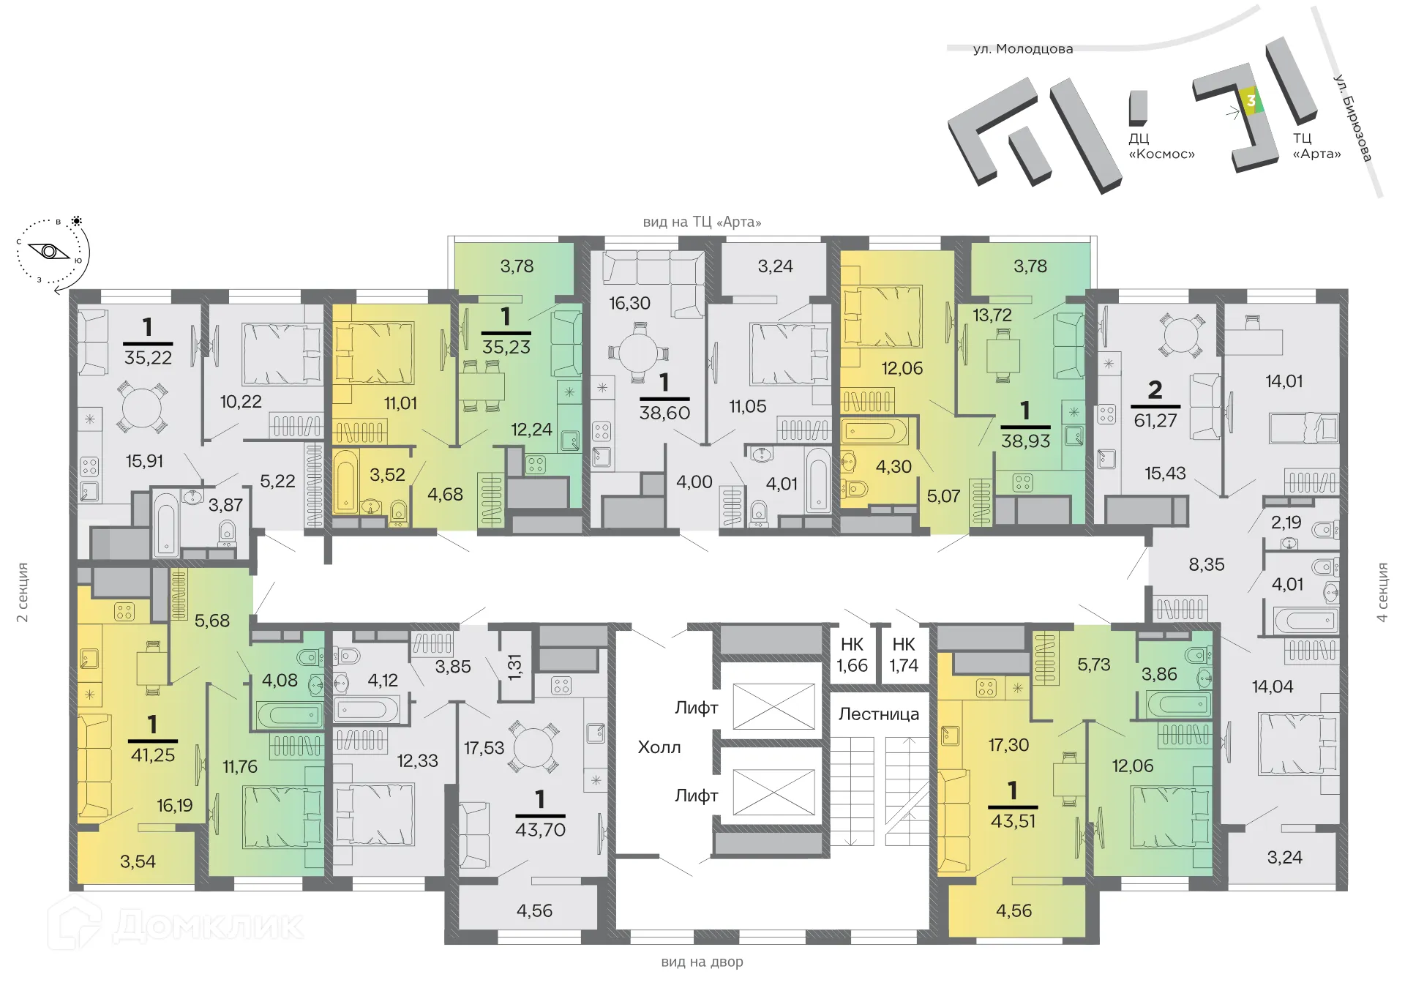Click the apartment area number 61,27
[1155, 420]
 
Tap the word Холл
[659, 747]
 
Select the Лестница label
[879, 714]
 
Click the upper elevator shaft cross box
[773, 706]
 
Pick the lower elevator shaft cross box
[773, 792]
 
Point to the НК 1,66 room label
[852, 655]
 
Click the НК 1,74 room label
[904, 655]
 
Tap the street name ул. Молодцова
[1023, 49]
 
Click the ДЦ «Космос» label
[1161, 146]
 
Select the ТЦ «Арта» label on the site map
[1316, 146]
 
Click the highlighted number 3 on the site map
[1251, 101]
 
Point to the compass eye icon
[49, 252]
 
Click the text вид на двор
[702, 962]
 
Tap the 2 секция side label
[23, 592]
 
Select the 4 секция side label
[1382, 592]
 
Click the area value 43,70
[540, 829]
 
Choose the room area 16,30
[629, 303]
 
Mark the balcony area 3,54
[138, 861]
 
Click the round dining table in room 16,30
[639, 354]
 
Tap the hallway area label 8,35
[1206, 564]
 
